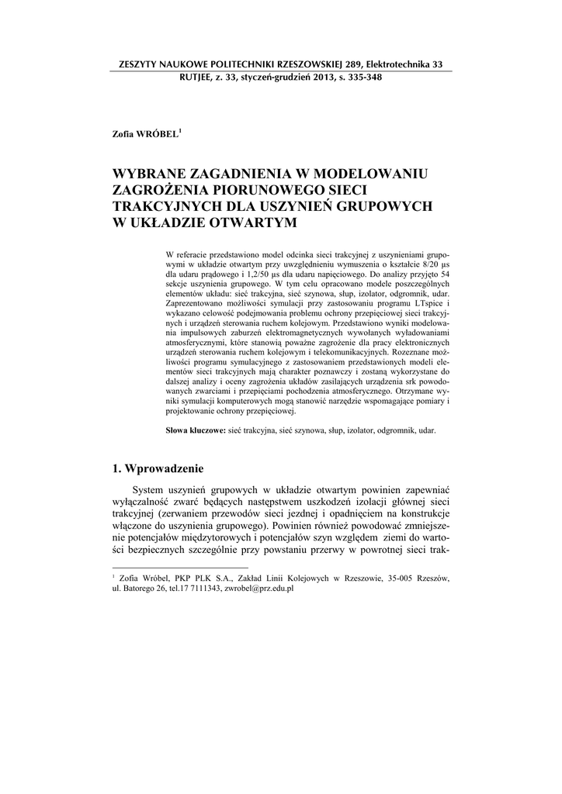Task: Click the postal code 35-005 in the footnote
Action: click(x=398, y=578)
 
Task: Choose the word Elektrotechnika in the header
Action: click(x=388, y=64)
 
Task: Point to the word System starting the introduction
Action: click(x=151, y=490)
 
